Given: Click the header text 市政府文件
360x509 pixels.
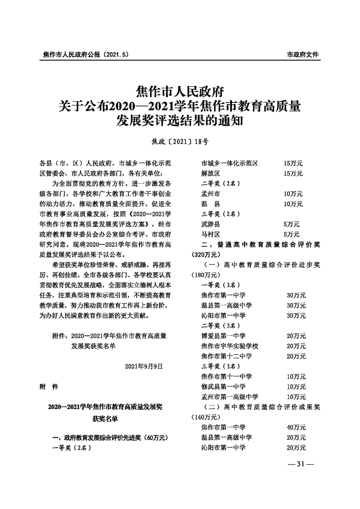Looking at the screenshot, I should [x=303, y=54].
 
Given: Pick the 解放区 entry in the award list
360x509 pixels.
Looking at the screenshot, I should [x=211, y=173].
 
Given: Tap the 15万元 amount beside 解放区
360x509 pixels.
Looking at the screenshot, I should [x=293, y=173].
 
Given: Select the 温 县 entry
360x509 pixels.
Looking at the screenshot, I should [x=211, y=204].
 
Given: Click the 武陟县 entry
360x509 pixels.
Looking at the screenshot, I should [x=211, y=224].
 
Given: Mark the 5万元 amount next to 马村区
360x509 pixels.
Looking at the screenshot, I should [x=291, y=234].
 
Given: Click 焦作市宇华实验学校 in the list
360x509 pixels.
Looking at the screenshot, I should [x=230, y=346].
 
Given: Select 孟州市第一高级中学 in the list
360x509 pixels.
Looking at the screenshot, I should [x=230, y=396].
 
